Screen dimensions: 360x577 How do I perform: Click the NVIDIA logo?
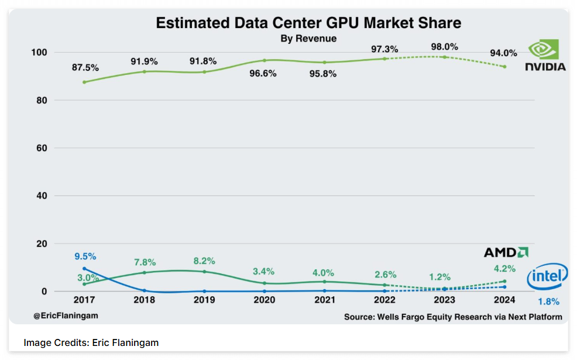click(545, 56)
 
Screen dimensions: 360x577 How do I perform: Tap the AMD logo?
click(506, 252)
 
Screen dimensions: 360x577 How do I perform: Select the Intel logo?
click(547, 277)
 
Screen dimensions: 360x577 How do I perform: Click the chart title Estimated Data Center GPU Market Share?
click(308, 23)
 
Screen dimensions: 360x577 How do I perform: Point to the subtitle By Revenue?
click(308, 39)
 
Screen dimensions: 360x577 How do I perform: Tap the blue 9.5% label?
click(85, 256)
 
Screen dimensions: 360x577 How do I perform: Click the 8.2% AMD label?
click(204, 261)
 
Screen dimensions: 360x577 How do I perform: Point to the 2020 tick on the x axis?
click(265, 300)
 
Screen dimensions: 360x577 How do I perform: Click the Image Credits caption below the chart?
click(91, 342)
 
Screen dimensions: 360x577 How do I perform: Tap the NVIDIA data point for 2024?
click(504, 67)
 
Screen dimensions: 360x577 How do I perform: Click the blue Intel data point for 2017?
click(85, 269)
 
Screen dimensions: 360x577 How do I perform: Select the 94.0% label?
click(503, 53)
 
